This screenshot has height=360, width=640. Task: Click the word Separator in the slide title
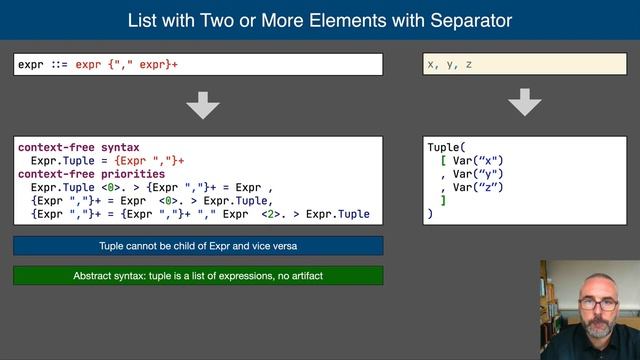point(462,20)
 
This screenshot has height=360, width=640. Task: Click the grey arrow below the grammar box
point(204,104)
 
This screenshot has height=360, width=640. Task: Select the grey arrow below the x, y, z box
point(525,103)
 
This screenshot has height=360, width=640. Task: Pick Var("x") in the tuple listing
point(479,160)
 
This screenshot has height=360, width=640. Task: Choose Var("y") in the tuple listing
point(479,174)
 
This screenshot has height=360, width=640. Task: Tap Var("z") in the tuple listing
point(479,187)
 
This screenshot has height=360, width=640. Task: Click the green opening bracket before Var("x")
point(443,160)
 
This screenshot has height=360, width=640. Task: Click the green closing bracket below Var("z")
point(443,200)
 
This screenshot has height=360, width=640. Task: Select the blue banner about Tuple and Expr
point(198,246)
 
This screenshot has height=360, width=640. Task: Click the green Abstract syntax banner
point(198,276)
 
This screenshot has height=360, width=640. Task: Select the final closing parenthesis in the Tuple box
point(430,214)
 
